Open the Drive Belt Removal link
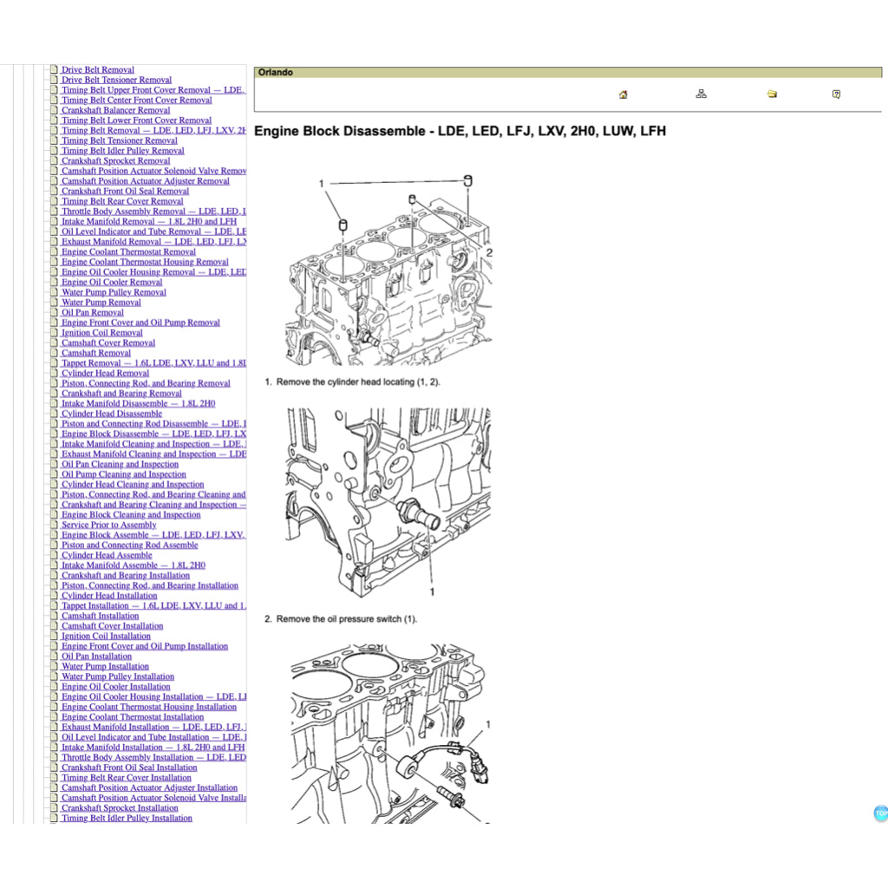tap(97, 70)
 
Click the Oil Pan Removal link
tap(92, 312)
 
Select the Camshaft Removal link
tap(95, 353)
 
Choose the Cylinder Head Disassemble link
tap(111, 414)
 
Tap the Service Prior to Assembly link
tap(108, 525)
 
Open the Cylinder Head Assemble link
tap(106, 555)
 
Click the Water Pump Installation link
tap(105, 667)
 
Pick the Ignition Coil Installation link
tap(106, 637)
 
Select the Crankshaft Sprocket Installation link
tap(119, 808)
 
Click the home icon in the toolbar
tap(623, 95)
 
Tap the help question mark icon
tap(836, 95)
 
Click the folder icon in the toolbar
tap(772, 95)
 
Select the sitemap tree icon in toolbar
tap(701, 95)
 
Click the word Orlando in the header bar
tap(275, 73)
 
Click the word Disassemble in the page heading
tap(389, 132)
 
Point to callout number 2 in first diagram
tap(489, 252)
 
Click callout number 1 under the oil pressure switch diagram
tap(432, 591)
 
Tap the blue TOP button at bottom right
tap(880, 813)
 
